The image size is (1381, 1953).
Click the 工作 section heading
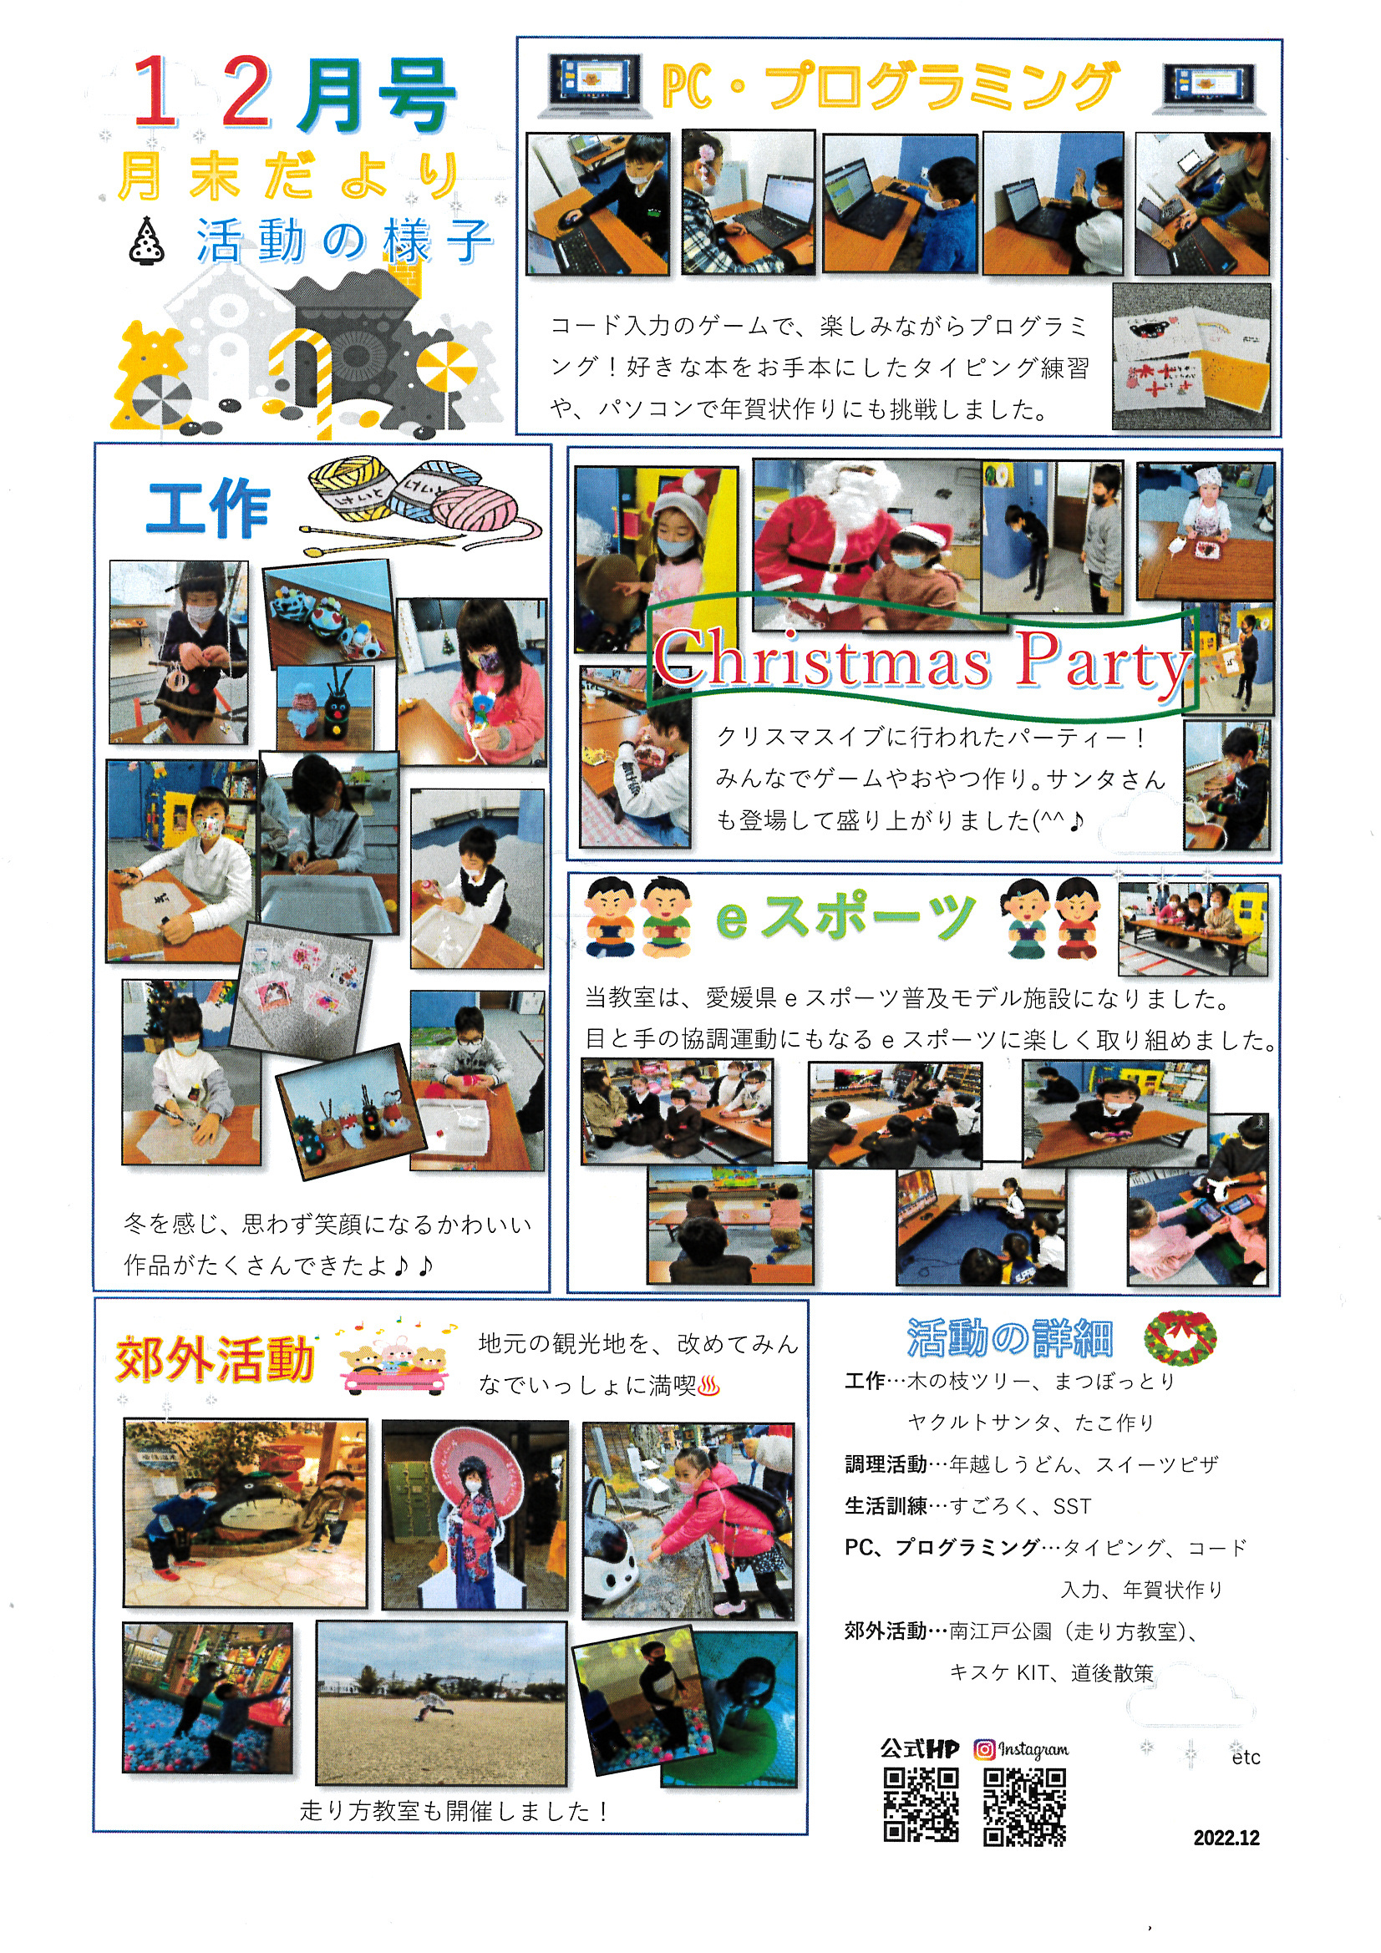click(x=209, y=507)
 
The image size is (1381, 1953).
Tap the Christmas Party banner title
click(x=922, y=660)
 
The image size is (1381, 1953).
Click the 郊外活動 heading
click(x=216, y=1359)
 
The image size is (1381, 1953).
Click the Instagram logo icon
click(x=984, y=1749)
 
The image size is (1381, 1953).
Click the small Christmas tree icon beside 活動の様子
click(x=147, y=241)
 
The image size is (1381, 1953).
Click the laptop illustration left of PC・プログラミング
click(x=591, y=85)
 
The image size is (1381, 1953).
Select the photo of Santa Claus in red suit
click(x=866, y=545)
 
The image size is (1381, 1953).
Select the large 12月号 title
click(x=293, y=94)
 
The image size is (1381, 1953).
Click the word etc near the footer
click(x=1246, y=1758)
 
